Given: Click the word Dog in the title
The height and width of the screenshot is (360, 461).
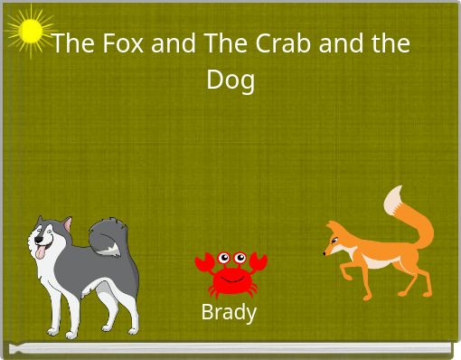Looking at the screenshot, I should point(230,80).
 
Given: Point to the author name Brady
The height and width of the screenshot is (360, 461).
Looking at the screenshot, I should point(229,313).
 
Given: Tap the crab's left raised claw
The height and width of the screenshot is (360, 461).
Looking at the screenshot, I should point(204,264).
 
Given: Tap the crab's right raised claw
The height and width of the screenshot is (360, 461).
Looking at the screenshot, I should point(259,263).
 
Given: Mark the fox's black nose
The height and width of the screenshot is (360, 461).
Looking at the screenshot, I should point(325,253).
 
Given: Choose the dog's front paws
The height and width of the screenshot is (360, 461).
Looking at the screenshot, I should point(63,327).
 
